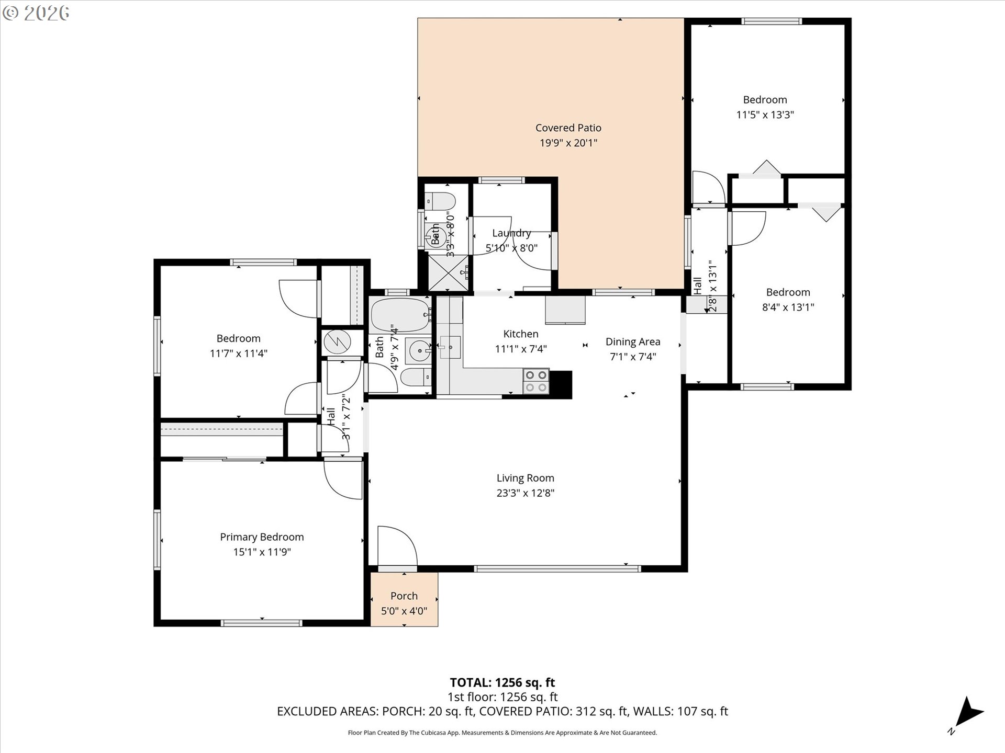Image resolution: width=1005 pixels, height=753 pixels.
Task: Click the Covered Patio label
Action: click(568, 128)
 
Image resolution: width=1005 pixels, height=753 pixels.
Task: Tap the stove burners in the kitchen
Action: click(536, 381)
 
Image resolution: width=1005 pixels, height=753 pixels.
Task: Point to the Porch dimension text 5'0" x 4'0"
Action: click(404, 611)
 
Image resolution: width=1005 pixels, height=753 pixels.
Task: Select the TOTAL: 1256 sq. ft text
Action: click(502, 682)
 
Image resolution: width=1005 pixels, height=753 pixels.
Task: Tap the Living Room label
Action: click(525, 478)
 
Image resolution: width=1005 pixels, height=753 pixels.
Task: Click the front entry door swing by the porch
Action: click(396, 547)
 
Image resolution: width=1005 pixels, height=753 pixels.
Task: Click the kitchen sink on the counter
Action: click(450, 347)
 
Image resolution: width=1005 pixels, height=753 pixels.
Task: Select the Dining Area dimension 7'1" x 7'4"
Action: click(633, 357)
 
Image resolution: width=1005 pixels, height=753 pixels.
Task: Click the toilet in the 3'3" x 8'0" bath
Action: click(440, 201)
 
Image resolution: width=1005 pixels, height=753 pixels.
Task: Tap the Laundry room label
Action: click(511, 233)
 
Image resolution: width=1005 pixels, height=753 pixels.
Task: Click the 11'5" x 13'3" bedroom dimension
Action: click(765, 115)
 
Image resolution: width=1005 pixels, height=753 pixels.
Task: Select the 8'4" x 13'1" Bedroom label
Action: click(788, 292)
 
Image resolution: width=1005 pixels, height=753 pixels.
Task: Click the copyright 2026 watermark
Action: click(36, 13)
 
